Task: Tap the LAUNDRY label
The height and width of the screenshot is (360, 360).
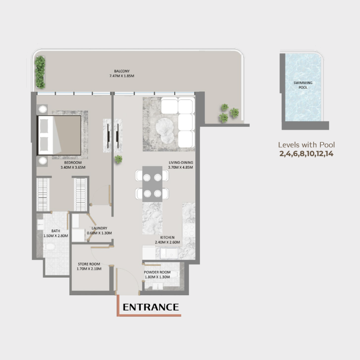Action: (99, 228)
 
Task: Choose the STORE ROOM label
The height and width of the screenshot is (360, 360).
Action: (89, 264)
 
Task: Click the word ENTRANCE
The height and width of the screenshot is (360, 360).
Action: (151, 307)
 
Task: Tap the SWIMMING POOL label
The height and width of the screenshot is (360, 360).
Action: (303, 86)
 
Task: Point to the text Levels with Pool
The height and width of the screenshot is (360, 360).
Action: (306, 145)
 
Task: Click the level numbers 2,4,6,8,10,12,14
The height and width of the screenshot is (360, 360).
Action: (306, 153)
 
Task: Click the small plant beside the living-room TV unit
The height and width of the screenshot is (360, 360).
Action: (119, 159)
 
